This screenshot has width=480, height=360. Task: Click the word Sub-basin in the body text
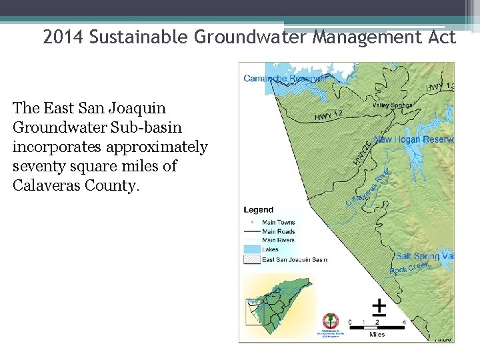tap(150, 127)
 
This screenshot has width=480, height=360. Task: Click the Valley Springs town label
tap(392, 105)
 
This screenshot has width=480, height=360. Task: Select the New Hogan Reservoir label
tap(413, 139)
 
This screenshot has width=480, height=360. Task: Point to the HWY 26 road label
tap(362, 152)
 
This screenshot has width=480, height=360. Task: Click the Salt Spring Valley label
tap(425, 256)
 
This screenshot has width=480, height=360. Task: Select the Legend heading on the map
tap(259, 210)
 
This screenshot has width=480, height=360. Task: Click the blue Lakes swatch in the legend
tap(251, 249)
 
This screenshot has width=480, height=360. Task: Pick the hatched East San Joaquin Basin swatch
tap(251, 259)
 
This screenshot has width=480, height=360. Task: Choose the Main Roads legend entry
tap(278, 231)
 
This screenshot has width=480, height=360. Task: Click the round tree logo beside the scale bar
tap(330, 321)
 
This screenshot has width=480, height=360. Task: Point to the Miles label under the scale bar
tap(377, 335)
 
